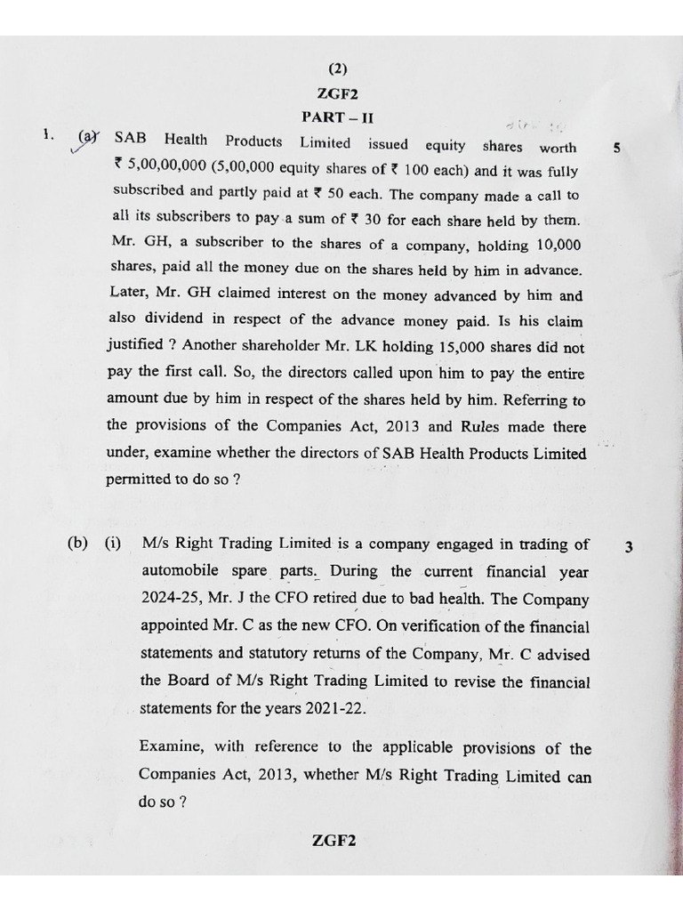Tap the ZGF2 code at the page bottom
[334, 841]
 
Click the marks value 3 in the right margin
[628, 547]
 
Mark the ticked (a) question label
[87, 139]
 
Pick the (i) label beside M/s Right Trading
[112, 544]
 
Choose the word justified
[134, 344]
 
